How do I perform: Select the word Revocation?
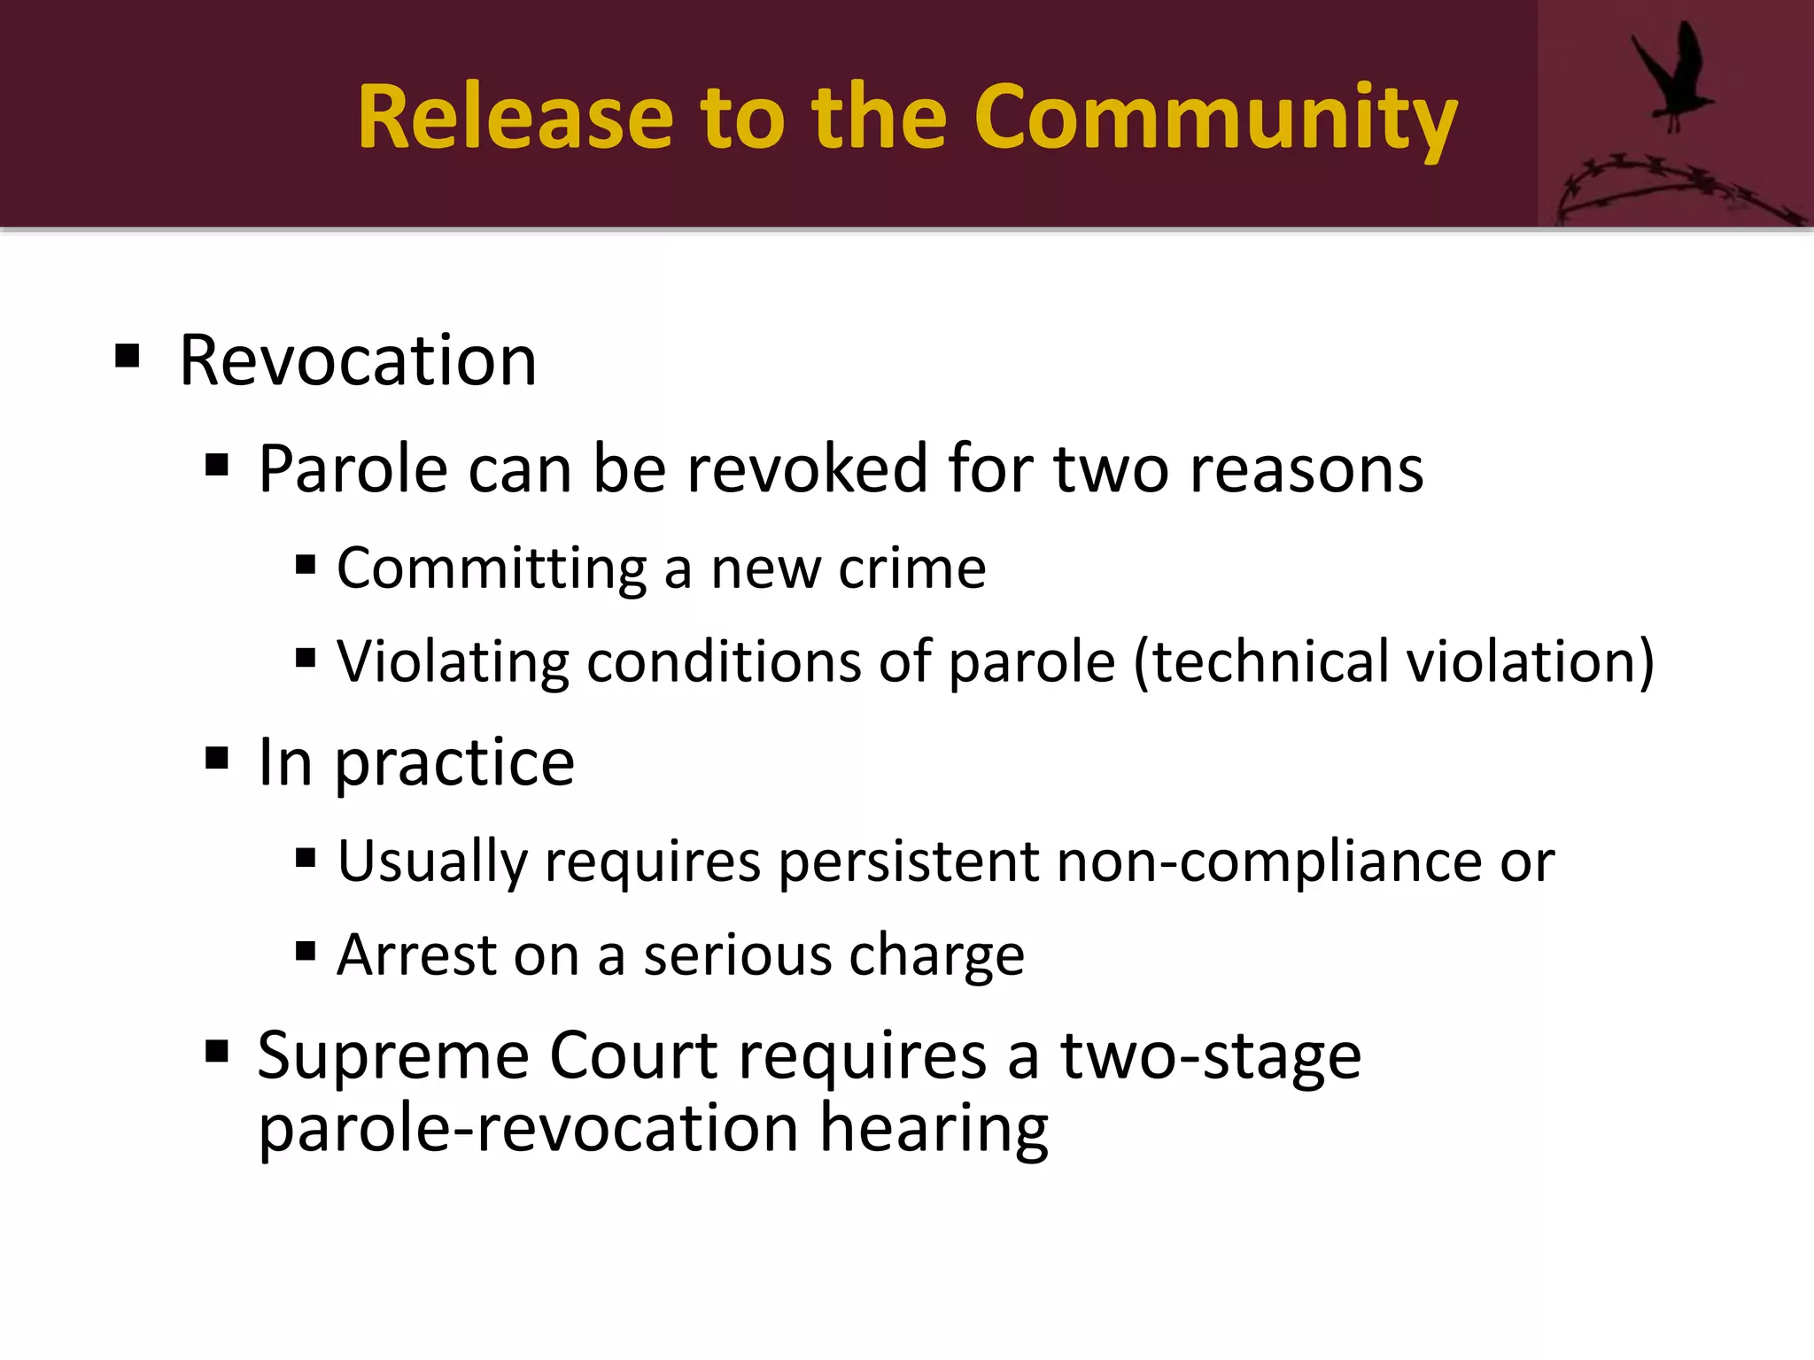coord(358,360)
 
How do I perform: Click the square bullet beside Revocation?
coord(128,356)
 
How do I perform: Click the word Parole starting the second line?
coord(353,468)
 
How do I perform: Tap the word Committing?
coord(492,568)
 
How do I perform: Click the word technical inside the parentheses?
coord(1270,662)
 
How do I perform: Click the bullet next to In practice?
coord(217,759)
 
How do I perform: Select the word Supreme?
coord(392,1057)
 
